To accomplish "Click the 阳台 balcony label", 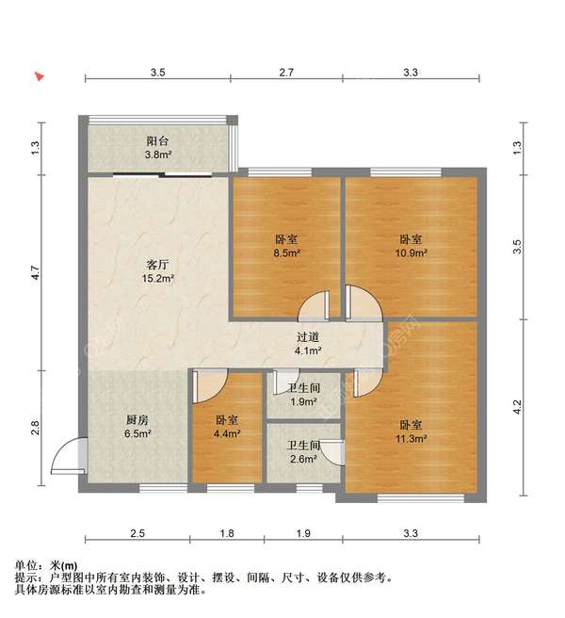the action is [x=157, y=140].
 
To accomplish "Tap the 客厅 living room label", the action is [x=157, y=264].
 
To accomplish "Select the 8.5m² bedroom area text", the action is [x=287, y=252].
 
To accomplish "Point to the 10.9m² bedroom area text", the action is [x=411, y=252].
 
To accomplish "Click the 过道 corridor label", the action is [x=308, y=337].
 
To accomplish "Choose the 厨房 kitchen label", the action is [x=137, y=420].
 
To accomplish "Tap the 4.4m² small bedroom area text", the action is [x=227, y=433].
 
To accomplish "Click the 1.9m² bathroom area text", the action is [x=303, y=401].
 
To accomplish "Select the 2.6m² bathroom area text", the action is [x=303, y=459].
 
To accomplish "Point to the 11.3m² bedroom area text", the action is [x=411, y=438].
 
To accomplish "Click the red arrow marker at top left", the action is [x=39, y=76].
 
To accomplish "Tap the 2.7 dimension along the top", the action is [x=286, y=73].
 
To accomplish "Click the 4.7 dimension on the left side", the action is [x=36, y=273].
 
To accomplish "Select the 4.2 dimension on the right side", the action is [x=517, y=407].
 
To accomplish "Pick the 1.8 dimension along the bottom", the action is [x=227, y=533].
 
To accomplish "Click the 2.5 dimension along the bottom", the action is [x=137, y=533].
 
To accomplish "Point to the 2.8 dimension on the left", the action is [x=36, y=428].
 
